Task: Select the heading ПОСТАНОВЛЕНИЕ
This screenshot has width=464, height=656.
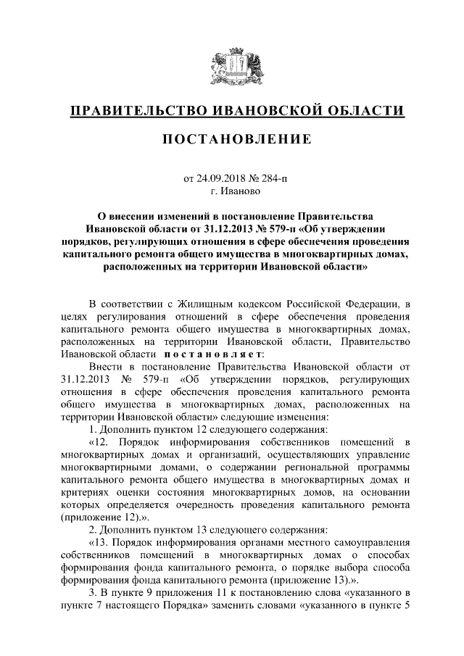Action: [231, 138]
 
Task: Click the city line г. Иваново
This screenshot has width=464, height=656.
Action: [231, 191]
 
